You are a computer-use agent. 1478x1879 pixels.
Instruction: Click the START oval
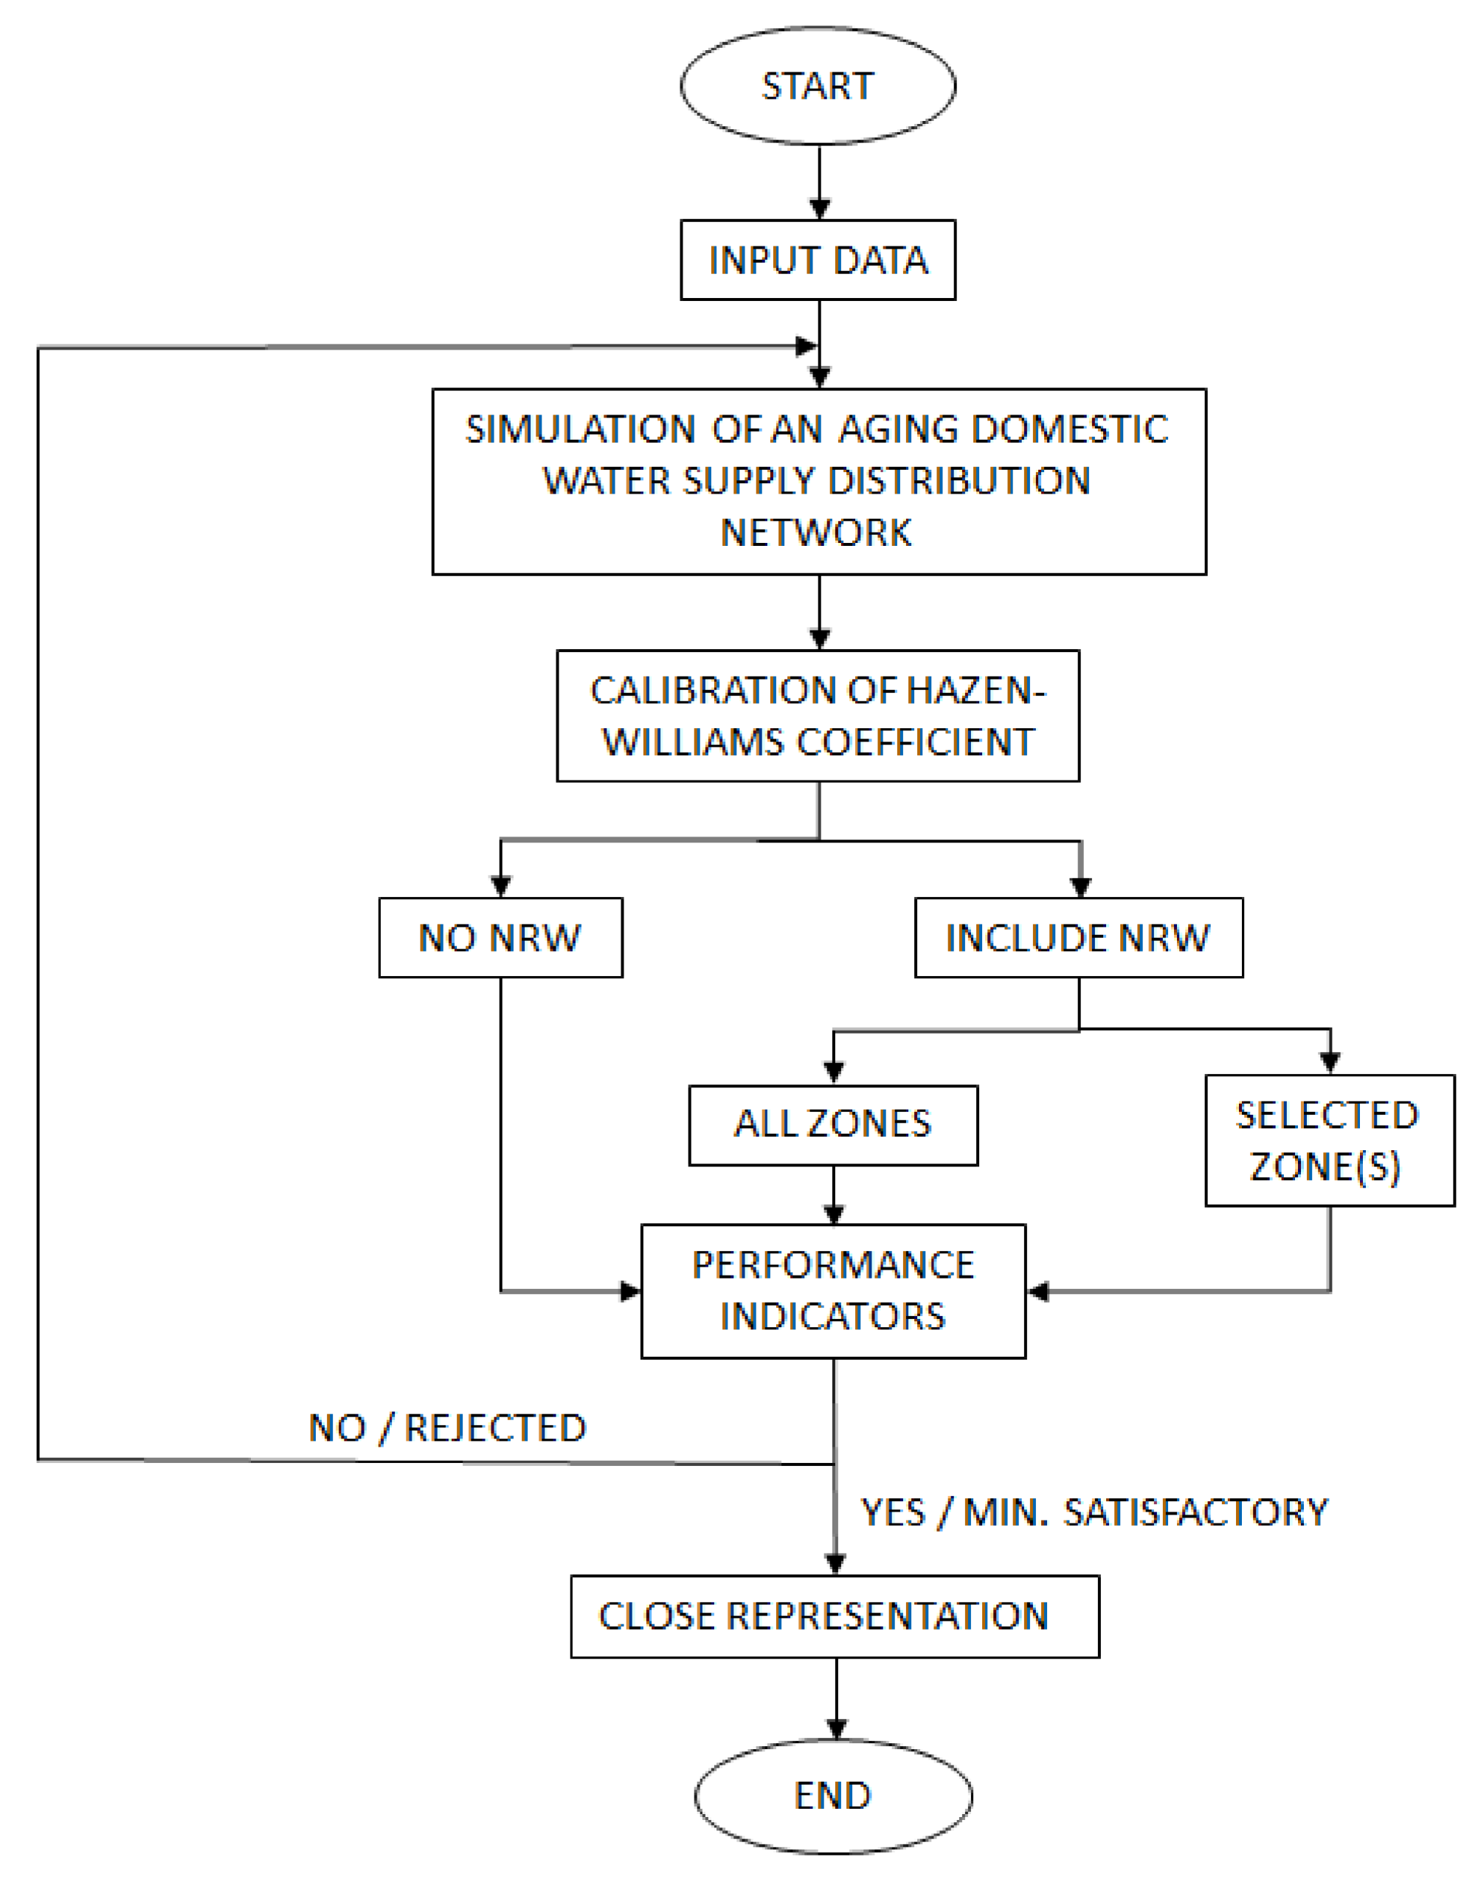coord(818,86)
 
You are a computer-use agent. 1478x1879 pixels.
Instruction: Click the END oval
coord(832,1796)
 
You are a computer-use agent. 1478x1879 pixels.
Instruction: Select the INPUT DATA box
coord(818,260)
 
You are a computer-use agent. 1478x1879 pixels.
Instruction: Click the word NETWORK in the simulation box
coord(816,533)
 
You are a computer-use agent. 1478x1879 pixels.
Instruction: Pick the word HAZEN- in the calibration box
coord(976,691)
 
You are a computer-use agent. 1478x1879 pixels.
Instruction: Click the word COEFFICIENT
coord(915,742)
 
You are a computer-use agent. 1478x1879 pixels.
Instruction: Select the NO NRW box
coord(500,938)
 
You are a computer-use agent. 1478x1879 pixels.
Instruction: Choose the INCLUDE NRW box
coord(1078,938)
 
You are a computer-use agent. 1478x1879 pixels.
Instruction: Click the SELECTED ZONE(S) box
coord(1329,1141)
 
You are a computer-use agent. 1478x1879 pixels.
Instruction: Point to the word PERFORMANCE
coord(832,1264)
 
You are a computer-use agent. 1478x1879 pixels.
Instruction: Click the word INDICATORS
coord(832,1317)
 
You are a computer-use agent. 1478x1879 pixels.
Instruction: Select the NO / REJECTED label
coord(447,1428)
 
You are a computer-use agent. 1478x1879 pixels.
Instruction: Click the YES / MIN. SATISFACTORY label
coord(1094,1513)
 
